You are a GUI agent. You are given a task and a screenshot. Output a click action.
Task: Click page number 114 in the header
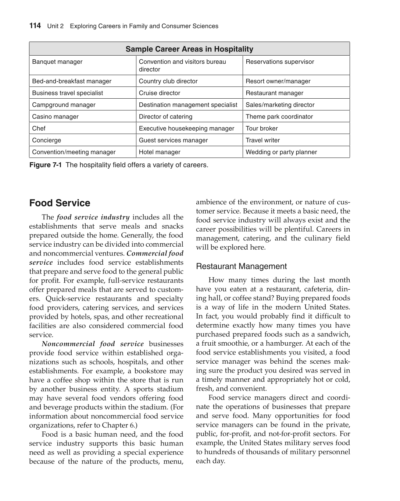tap(35, 26)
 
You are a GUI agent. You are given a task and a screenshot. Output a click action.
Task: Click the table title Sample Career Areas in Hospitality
tap(189, 49)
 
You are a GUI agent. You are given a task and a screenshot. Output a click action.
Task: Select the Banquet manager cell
tap(57, 62)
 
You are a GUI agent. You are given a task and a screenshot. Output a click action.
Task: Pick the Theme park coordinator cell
tap(279, 117)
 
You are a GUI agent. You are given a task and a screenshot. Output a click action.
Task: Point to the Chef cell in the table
tap(39, 128)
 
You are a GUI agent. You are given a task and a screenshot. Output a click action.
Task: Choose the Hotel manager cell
tap(160, 152)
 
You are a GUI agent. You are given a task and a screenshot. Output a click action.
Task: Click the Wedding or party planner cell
tap(281, 152)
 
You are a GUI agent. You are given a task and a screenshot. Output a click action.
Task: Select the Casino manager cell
tap(56, 117)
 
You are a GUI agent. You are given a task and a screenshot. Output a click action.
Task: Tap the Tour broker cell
tap(262, 128)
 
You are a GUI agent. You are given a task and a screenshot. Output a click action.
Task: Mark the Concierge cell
tap(47, 140)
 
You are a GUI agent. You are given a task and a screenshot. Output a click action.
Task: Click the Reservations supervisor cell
tap(280, 62)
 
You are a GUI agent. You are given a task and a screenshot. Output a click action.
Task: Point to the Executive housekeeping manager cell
tap(186, 128)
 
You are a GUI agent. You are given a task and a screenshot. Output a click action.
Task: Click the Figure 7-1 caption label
tap(45, 165)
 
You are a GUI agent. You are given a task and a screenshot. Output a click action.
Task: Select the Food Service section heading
tap(60, 203)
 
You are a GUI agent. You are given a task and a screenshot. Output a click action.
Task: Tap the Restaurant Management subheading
tap(241, 267)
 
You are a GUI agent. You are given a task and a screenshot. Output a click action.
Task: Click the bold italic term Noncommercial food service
tap(93, 344)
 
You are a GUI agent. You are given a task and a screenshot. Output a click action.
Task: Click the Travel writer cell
tap(262, 140)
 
